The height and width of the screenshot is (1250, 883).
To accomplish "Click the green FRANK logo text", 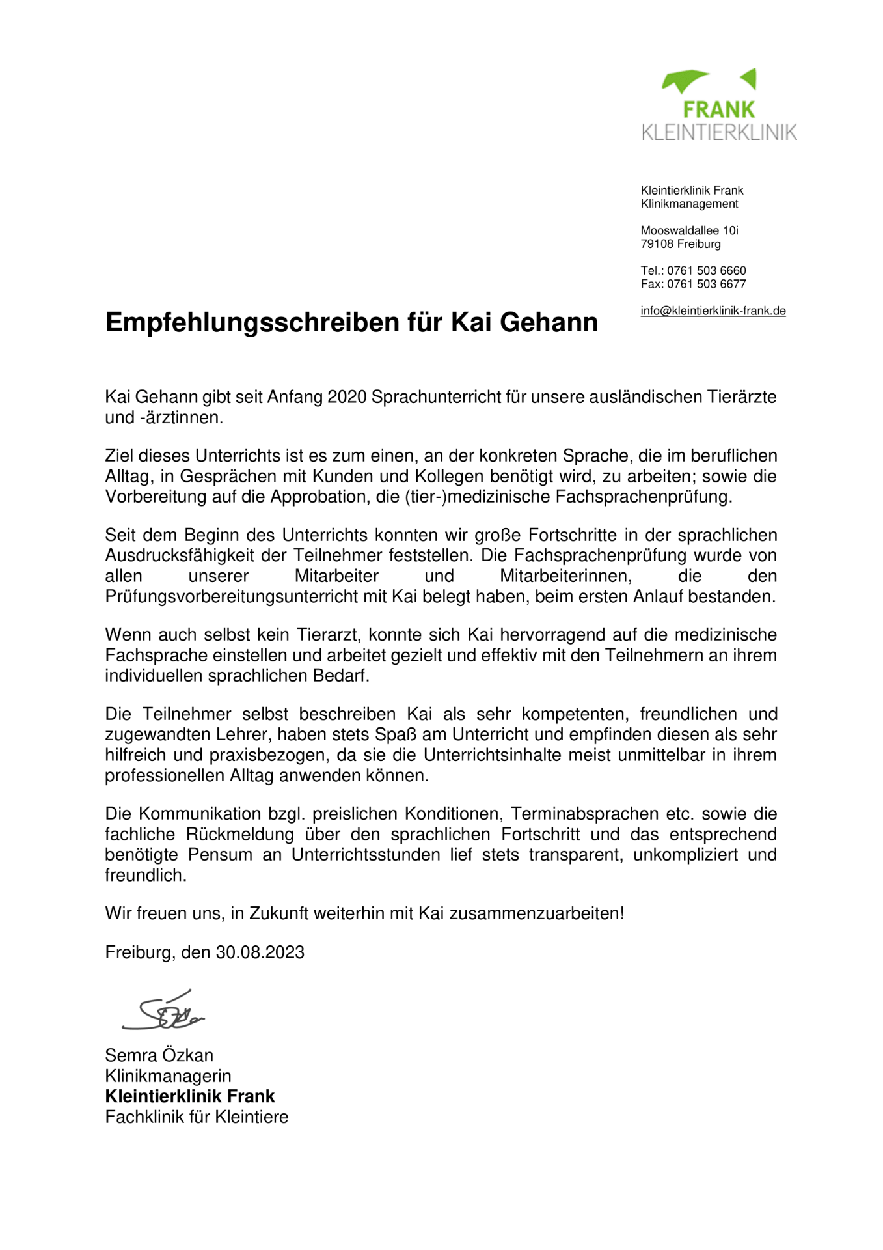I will click(x=718, y=109).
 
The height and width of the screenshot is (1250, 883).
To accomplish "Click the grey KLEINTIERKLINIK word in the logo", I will click(x=718, y=132).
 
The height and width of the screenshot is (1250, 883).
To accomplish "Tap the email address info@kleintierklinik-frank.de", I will click(x=713, y=311).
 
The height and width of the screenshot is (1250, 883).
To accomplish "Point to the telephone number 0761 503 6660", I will click(x=706, y=270).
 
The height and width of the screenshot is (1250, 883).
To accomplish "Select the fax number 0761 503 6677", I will click(x=707, y=284).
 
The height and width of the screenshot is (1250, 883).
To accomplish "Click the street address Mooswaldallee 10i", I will click(x=689, y=230).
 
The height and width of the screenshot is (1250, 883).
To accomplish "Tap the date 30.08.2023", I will click(x=260, y=952).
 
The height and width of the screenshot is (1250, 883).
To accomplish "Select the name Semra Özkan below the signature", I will click(x=159, y=1055).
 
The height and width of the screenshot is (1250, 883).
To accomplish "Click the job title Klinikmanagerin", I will click(x=168, y=1076).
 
